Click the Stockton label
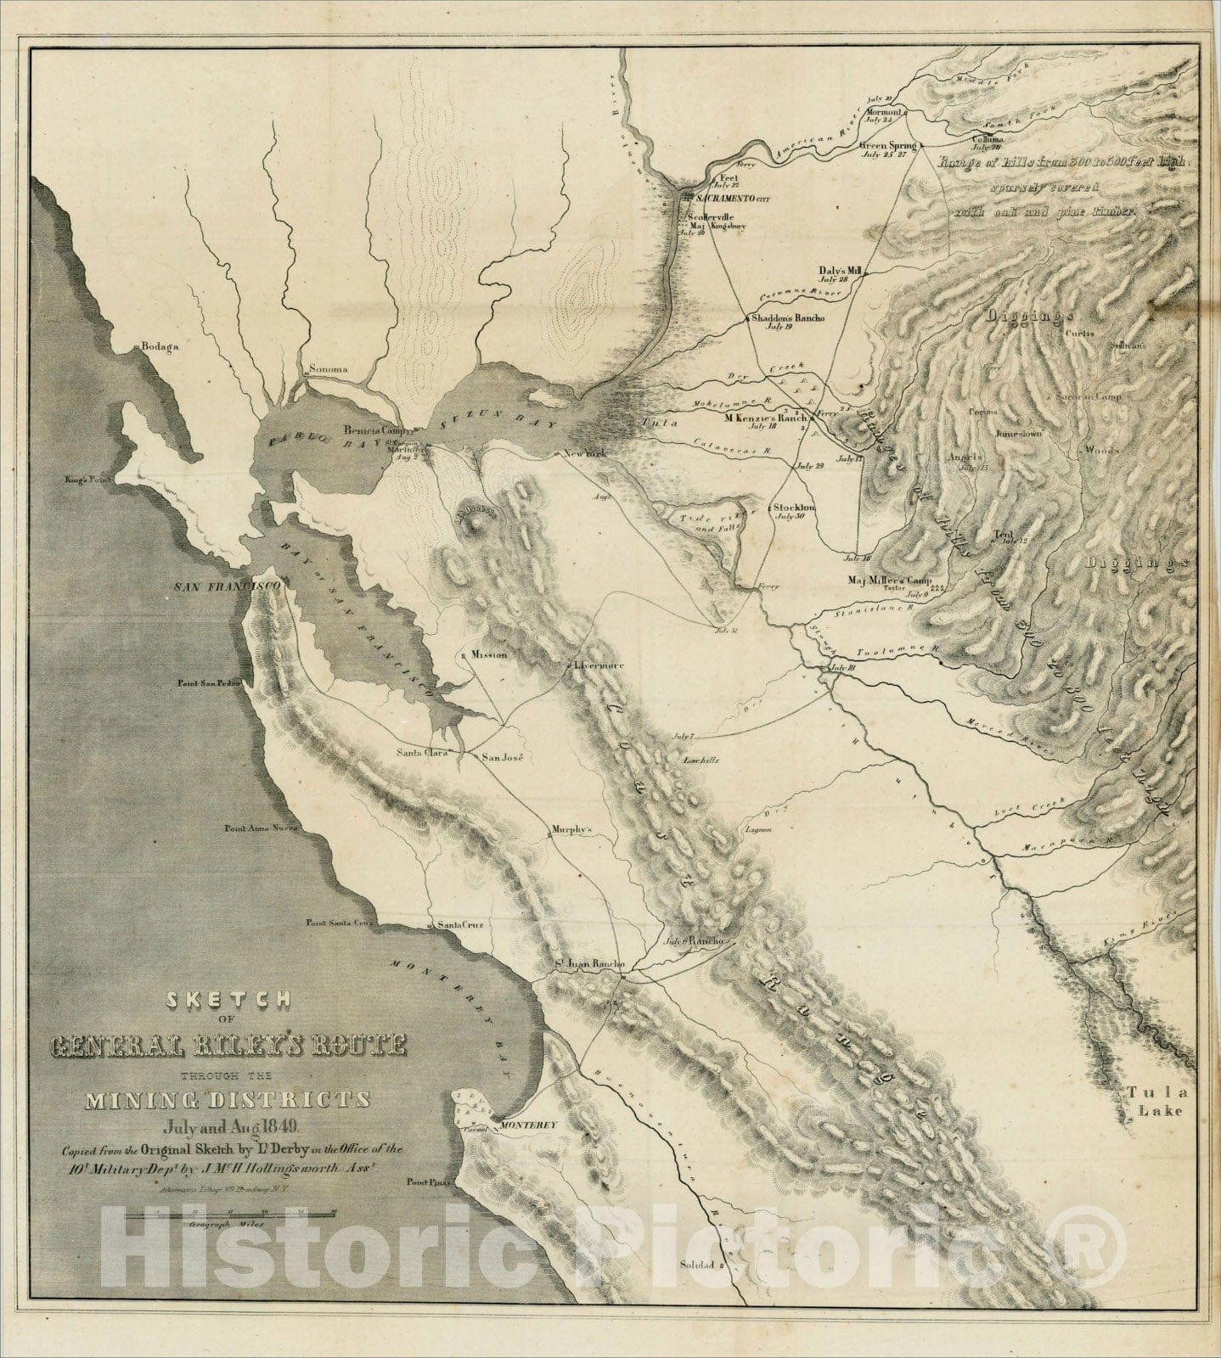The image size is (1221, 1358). coord(794,508)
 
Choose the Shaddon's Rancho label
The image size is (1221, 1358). coord(787,318)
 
